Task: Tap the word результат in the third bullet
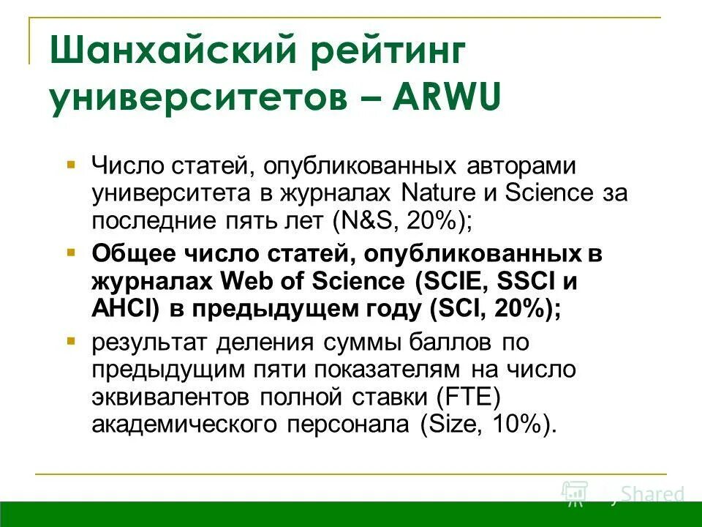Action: point(150,342)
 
